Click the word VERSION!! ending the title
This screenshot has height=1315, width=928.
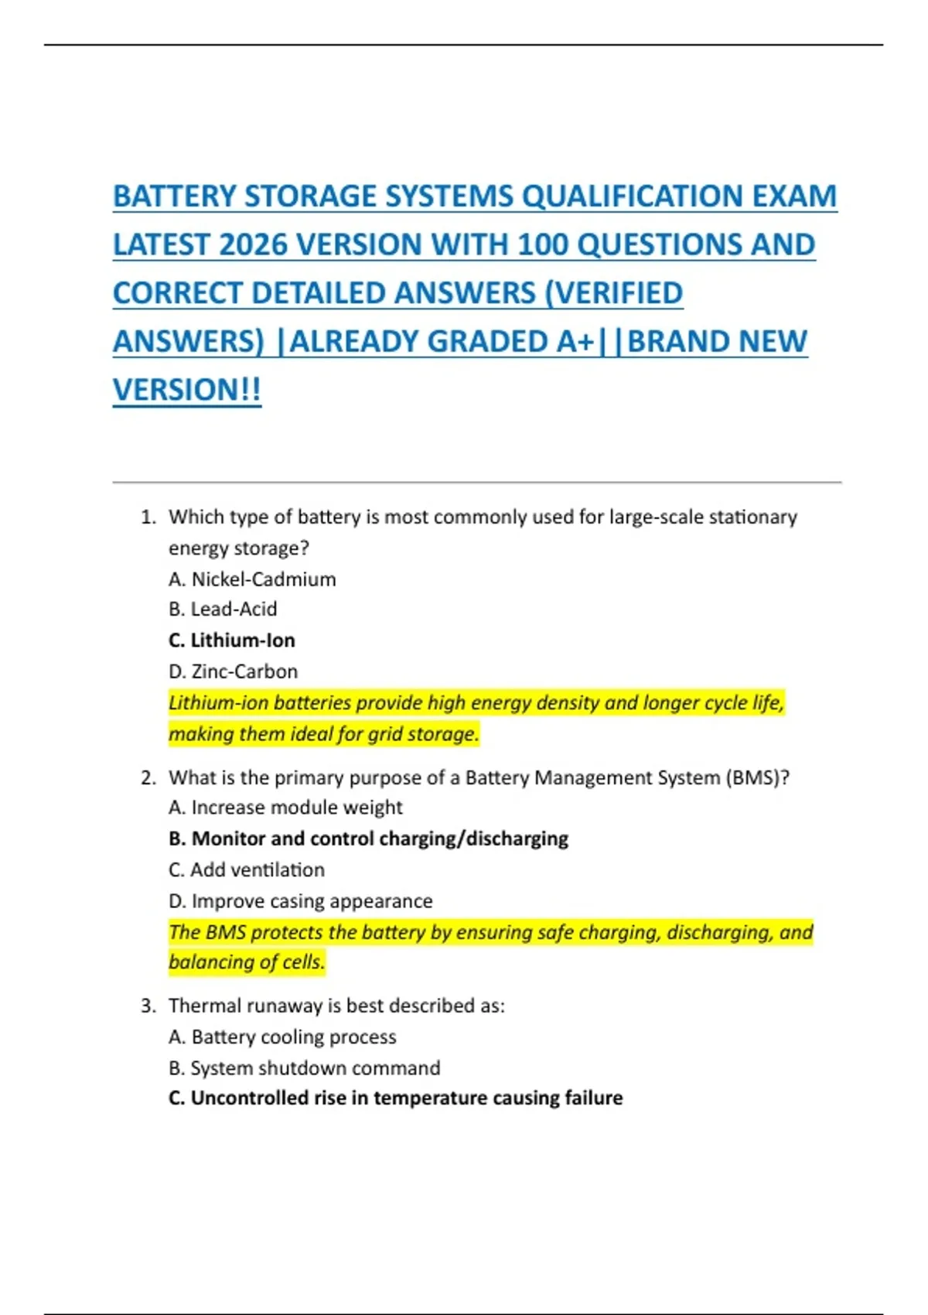click(187, 390)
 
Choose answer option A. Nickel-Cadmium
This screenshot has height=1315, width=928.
click(252, 579)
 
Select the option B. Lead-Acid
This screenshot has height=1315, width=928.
click(223, 610)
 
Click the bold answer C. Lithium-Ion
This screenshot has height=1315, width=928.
click(232, 640)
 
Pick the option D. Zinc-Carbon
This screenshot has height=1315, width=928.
click(233, 671)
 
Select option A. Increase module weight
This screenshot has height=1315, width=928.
click(285, 808)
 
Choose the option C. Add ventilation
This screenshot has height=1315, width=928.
click(247, 870)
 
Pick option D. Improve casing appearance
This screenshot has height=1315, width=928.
click(300, 901)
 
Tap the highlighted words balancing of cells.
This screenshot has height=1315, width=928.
click(247, 962)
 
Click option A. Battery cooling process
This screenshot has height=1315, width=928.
click(282, 1037)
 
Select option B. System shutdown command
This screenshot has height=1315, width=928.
click(304, 1068)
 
